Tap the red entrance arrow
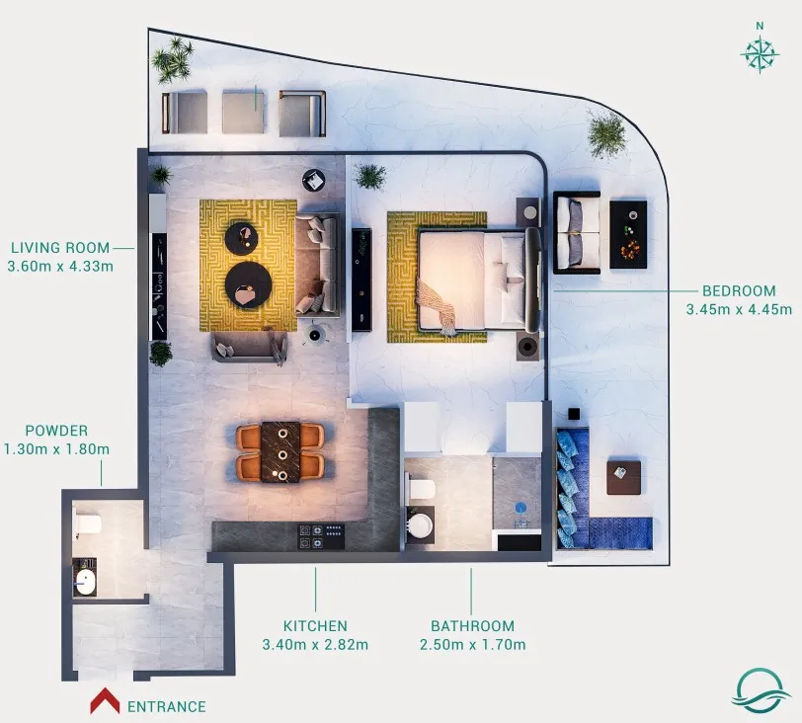tap(105, 702)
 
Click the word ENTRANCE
tap(167, 706)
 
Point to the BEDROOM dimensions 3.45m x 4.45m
tap(739, 309)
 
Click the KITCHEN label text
tap(315, 626)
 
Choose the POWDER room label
tap(56, 431)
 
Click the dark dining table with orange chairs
tap(282, 453)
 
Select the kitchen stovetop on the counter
tap(322, 536)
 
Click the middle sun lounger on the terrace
tap(243, 112)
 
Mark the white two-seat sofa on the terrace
tap(577, 231)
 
